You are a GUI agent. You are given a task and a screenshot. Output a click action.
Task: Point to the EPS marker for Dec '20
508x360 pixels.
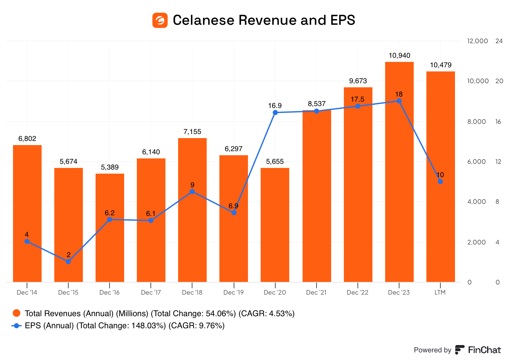(x=275, y=113)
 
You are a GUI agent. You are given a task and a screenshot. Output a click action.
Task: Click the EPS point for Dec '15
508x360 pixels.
(x=68, y=262)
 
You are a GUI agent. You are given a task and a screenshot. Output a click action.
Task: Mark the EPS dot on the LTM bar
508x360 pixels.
(x=440, y=182)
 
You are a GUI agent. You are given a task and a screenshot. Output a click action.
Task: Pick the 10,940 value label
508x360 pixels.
(x=399, y=56)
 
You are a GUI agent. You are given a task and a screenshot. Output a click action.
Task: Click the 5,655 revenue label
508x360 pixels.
(x=275, y=162)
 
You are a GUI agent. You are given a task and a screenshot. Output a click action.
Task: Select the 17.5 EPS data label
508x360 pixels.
(x=358, y=99)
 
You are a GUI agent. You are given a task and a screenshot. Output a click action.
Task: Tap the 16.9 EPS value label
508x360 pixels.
(x=275, y=106)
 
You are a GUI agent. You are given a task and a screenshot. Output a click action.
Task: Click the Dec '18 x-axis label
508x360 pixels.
(x=192, y=292)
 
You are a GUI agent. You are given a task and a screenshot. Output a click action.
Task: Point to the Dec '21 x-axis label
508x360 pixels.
(x=316, y=292)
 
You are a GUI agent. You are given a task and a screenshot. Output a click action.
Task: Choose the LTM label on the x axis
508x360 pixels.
(x=440, y=292)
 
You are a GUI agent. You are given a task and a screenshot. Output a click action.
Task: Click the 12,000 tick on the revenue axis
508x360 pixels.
(x=478, y=41)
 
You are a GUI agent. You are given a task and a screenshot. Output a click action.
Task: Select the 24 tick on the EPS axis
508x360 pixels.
(x=499, y=41)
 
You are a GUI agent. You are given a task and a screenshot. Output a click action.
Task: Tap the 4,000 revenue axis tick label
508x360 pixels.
(x=476, y=202)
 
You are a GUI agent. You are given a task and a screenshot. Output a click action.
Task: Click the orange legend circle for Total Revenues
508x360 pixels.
(x=17, y=313)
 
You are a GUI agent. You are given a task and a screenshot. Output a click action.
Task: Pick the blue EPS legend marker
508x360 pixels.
(x=17, y=325)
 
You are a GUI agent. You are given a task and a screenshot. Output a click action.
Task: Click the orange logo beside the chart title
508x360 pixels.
(x=160, y=20)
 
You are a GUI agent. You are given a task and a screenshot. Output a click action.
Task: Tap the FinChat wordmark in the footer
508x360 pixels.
(x=484, y=350)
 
